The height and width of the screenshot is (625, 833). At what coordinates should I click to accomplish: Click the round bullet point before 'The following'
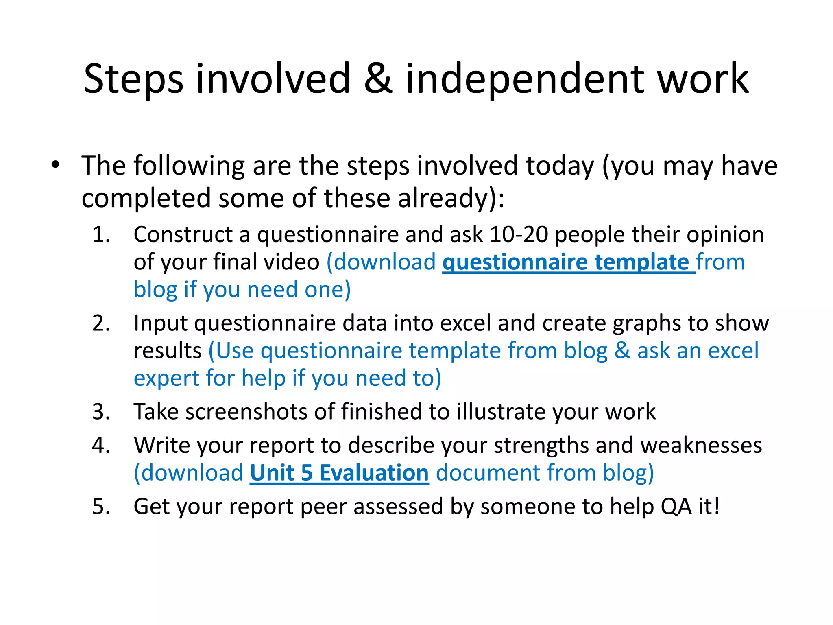(x=55, y=165)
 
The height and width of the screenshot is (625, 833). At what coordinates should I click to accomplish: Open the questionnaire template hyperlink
(x=568, y=262)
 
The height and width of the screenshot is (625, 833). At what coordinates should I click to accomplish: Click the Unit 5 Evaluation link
(x=339, y=473)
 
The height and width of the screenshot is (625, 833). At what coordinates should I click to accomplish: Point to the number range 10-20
(x=519, y=235)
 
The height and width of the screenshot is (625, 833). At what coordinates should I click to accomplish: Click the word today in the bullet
(x=560, y=166)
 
